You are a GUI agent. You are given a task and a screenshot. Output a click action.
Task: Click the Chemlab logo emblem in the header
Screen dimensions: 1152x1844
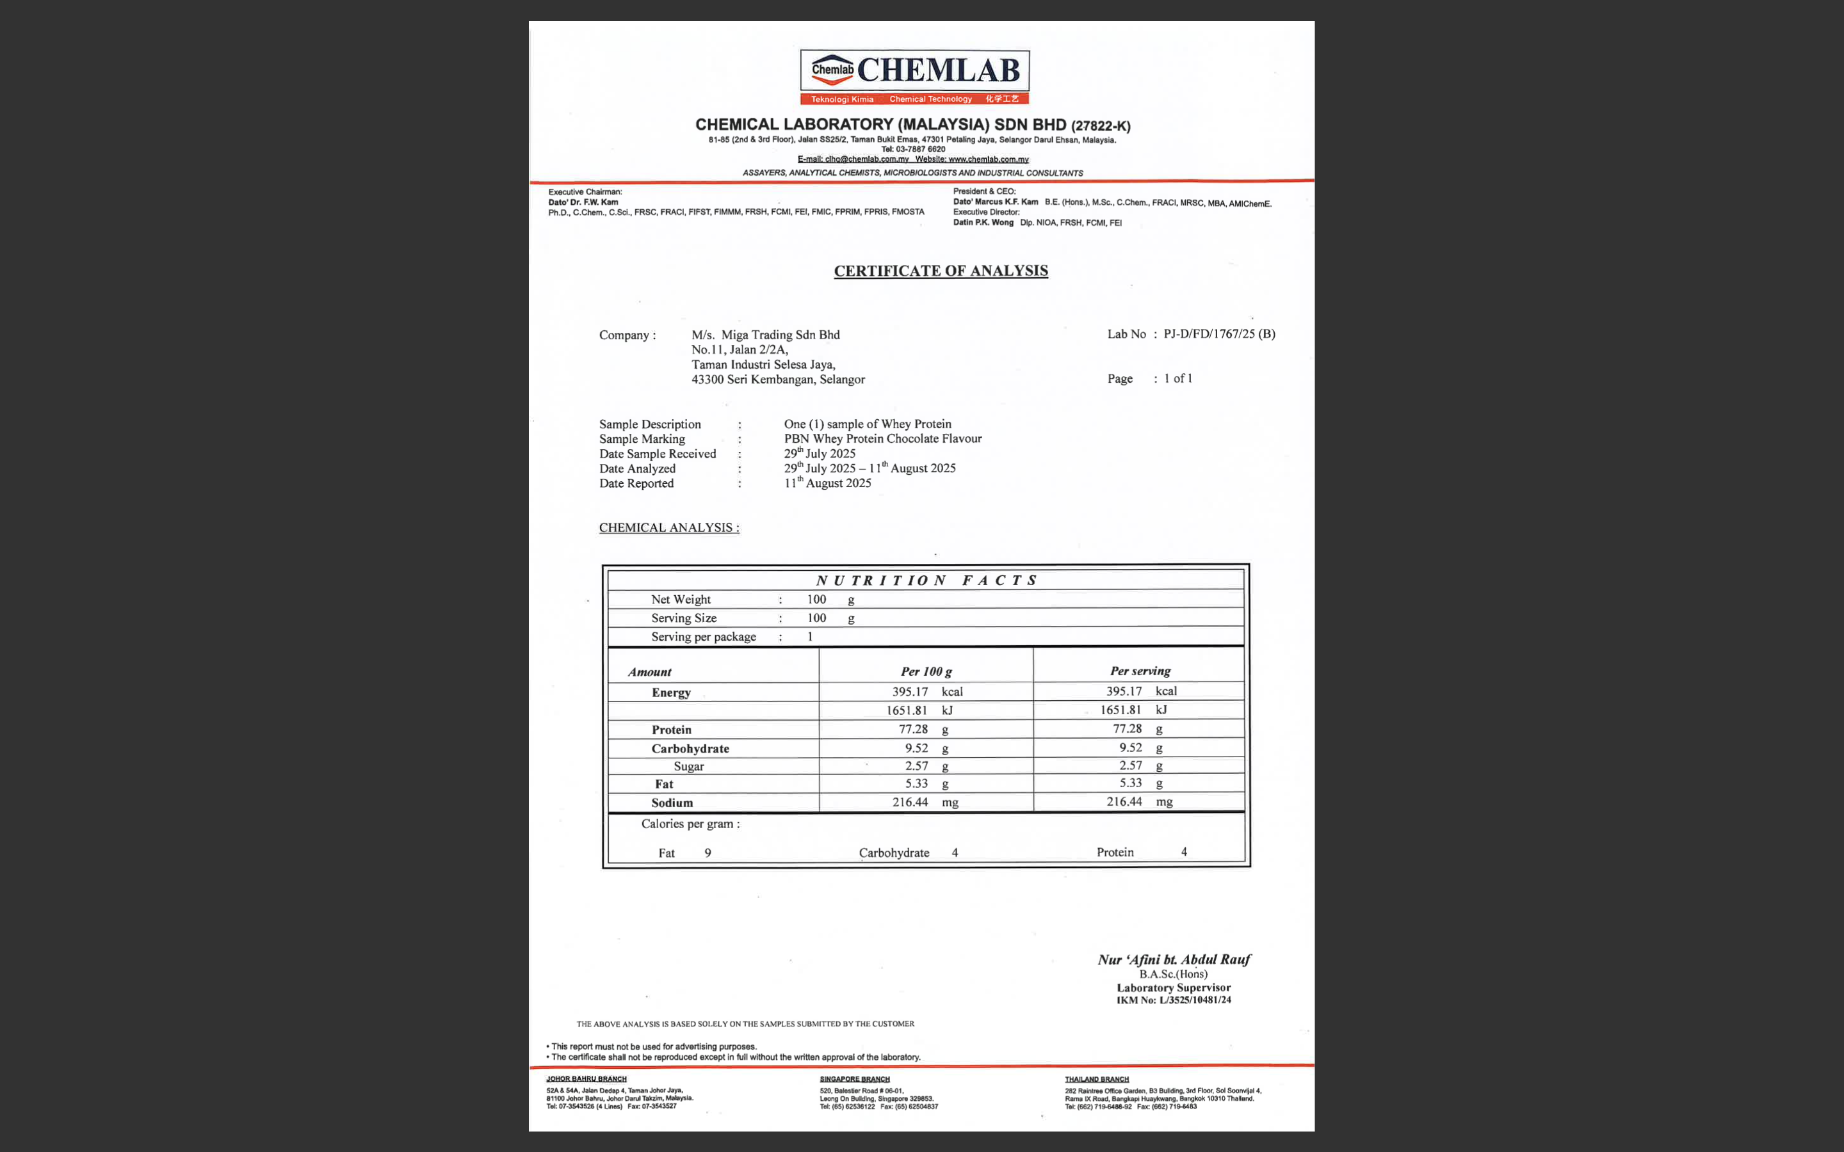pos(832,70)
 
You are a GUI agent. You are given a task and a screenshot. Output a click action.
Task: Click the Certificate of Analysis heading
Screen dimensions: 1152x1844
pos(941,271)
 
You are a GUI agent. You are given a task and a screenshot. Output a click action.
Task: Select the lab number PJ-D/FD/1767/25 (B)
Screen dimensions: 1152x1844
pos(1218,333)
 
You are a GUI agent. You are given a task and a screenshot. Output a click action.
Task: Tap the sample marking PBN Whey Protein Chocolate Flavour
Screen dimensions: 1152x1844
pos(882,439)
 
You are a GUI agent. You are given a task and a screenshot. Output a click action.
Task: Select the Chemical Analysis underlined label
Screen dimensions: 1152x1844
pos(668,527)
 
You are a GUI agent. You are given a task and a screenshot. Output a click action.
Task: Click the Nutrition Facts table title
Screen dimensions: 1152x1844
pos(926,580)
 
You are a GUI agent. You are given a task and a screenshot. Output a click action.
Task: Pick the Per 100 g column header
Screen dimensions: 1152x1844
pos(926,671)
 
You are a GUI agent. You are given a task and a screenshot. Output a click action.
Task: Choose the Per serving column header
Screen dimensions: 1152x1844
pos(1139,671)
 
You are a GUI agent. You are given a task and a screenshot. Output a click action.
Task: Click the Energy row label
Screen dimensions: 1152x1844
pos(670,692)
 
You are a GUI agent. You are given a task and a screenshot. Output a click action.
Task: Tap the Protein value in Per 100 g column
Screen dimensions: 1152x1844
pos(913,729)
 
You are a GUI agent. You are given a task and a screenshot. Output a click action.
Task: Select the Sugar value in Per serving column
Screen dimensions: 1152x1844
pos(1130,765)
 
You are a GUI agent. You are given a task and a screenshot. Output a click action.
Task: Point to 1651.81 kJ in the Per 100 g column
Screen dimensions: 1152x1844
pos(918,711)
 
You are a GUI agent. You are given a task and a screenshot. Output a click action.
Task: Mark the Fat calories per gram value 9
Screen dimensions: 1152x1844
pos(708,852)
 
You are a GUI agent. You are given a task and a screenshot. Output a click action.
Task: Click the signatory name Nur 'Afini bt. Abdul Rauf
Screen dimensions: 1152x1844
pos(1174,960)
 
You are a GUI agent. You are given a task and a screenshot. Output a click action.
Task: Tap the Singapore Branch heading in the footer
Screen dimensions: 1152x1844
pos(854,1079)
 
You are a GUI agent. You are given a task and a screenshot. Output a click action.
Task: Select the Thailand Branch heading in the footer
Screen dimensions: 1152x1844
pos(1097,1079)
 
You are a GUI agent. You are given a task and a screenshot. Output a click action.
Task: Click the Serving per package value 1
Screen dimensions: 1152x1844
pos(810,637)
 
